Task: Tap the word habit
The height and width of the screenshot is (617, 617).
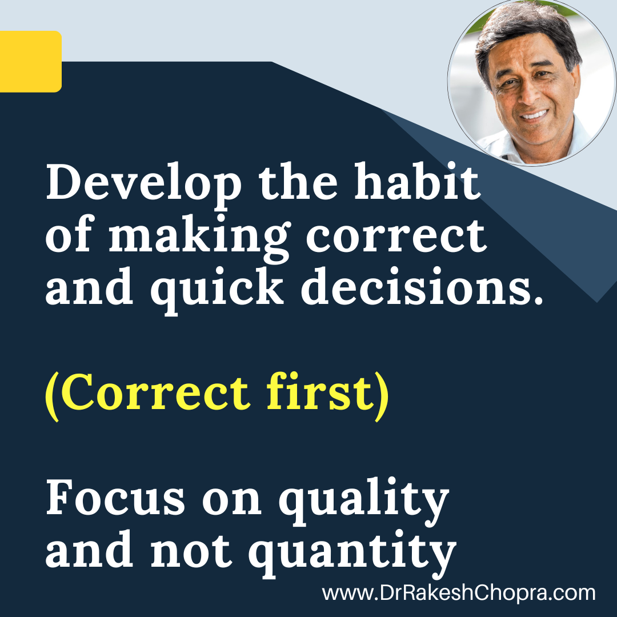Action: (x=417, y=181)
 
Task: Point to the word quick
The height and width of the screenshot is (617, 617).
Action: (x=217, y=289)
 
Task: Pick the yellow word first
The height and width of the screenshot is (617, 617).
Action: (x=319, y=391)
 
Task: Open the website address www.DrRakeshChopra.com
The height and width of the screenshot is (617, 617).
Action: (x=458, y=593)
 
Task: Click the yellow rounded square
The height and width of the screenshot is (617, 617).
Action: (x=31, y=61)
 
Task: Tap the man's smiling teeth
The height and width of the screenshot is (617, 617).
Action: (x=534, y=115)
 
